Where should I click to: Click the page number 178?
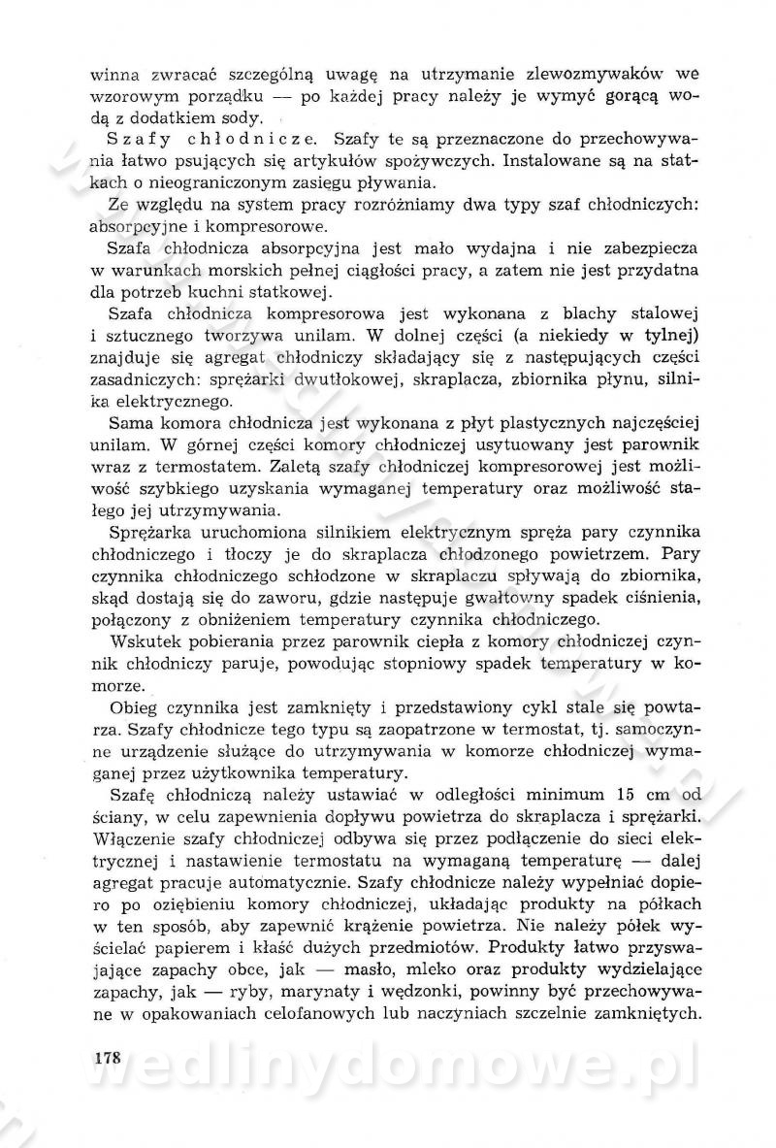coord(107,1057)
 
